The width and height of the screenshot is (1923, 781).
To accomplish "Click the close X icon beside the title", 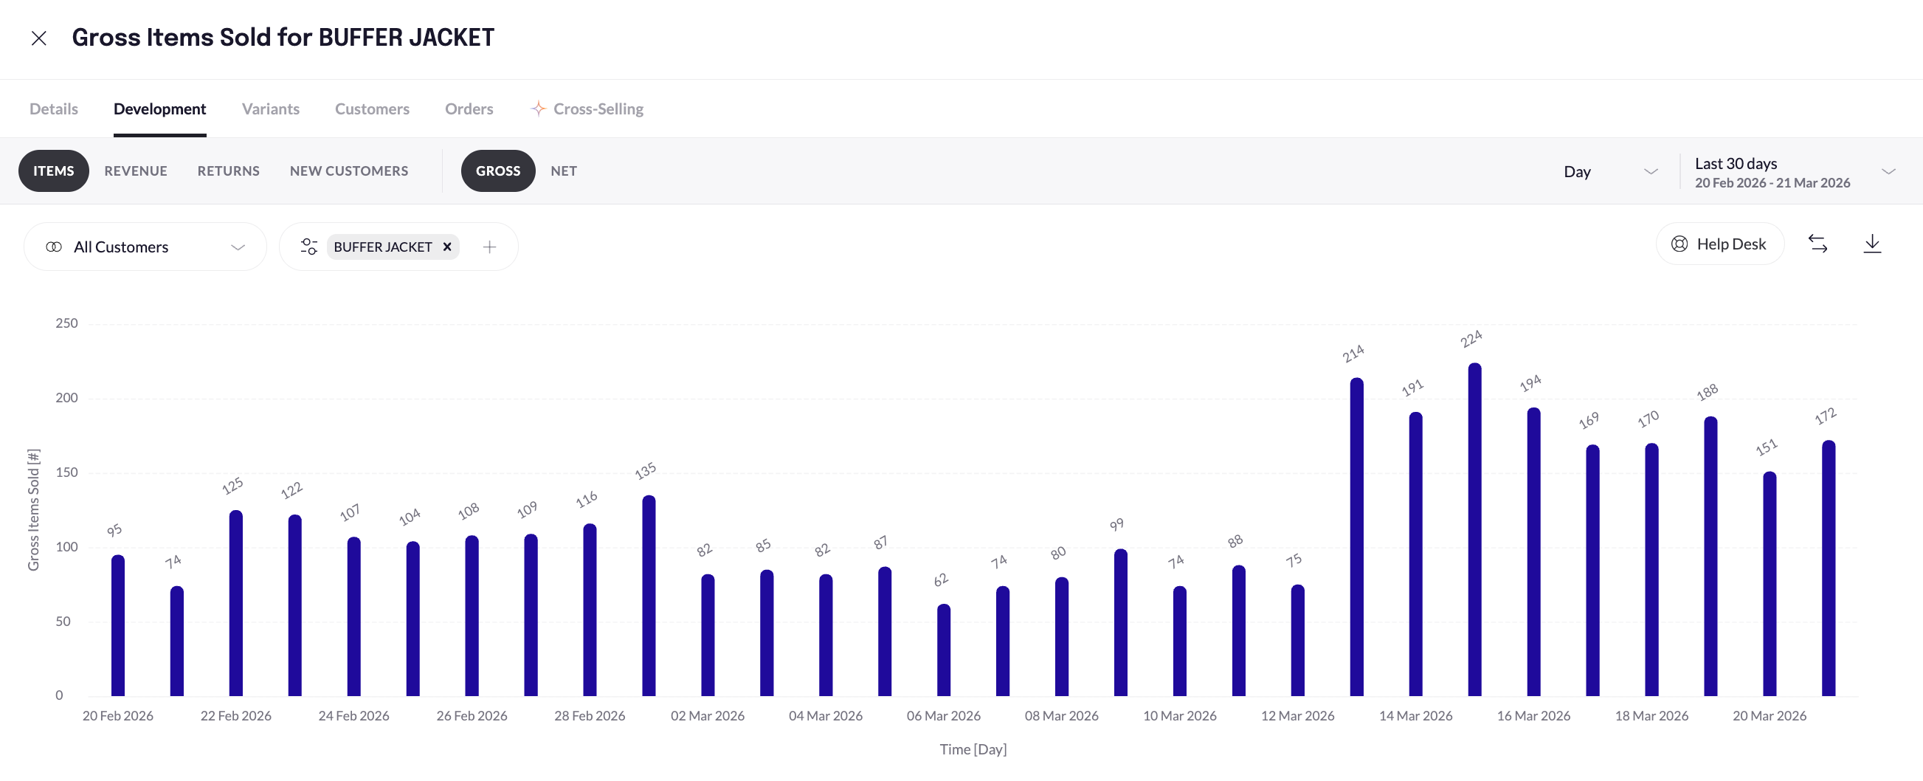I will [x=39, y=38].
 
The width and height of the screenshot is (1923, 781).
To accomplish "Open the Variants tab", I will [x=270, y=109].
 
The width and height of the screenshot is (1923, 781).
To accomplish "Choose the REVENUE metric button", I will [x=136, y=171].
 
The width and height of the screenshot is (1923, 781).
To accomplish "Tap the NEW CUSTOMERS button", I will [x=348, y=171].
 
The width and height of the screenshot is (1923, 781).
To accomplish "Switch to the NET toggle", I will [x=564, y=171].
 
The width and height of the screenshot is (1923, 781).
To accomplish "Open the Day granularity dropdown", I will [x=1609, y=172].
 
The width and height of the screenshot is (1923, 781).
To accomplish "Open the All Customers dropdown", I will [x=145, y=247].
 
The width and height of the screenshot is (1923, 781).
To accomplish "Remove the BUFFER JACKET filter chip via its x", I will [x=447, y=247].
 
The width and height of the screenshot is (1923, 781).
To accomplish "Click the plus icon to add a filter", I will [x=490, y=247].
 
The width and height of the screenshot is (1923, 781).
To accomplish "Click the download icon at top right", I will [x=1872, y=244].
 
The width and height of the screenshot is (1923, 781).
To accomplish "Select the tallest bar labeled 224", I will [x=1474, y=530].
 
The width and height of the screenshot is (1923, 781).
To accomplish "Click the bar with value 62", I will [x=944, y=650].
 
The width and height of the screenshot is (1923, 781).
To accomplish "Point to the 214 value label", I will [x=1353, y=353].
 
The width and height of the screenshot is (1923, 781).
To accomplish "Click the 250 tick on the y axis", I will [x=66, y=323].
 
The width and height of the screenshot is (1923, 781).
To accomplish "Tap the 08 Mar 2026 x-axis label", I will [x=1062, y=716].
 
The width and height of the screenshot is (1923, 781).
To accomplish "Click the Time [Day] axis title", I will [x=973, y=750].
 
